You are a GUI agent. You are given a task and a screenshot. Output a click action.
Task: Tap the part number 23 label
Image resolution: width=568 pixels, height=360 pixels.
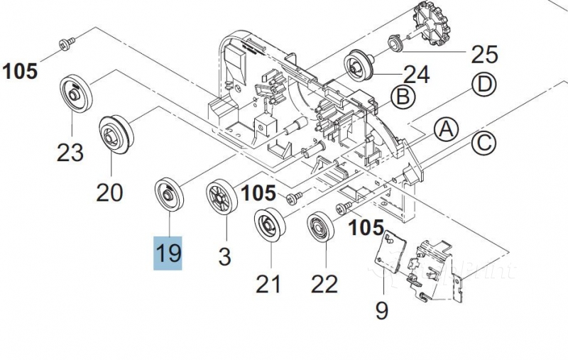tap(70, 152)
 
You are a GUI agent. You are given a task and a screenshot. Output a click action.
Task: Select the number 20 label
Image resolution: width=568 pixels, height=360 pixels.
tap(109, 192)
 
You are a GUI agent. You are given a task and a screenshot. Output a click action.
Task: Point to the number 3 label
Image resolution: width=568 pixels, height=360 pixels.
tap(224, 256)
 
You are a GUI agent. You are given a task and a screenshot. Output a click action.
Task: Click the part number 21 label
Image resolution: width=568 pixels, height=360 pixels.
tap(268, 283)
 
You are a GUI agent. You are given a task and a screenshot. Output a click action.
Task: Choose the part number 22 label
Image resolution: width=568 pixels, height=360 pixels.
tap(324, 283)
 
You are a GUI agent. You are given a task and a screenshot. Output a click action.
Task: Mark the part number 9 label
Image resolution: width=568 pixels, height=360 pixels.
tap(381, 310)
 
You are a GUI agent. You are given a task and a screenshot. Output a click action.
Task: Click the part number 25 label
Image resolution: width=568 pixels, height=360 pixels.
tap(485, 54)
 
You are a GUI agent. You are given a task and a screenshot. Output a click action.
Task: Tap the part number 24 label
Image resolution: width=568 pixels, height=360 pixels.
tap(417, 74)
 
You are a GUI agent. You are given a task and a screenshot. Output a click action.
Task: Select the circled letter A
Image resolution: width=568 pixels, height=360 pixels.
tap(446, 129)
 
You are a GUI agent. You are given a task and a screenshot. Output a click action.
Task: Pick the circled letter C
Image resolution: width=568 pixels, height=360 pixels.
tap(483, 143)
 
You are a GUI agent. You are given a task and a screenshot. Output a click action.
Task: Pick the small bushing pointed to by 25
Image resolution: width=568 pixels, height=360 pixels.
tap(393, 44)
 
